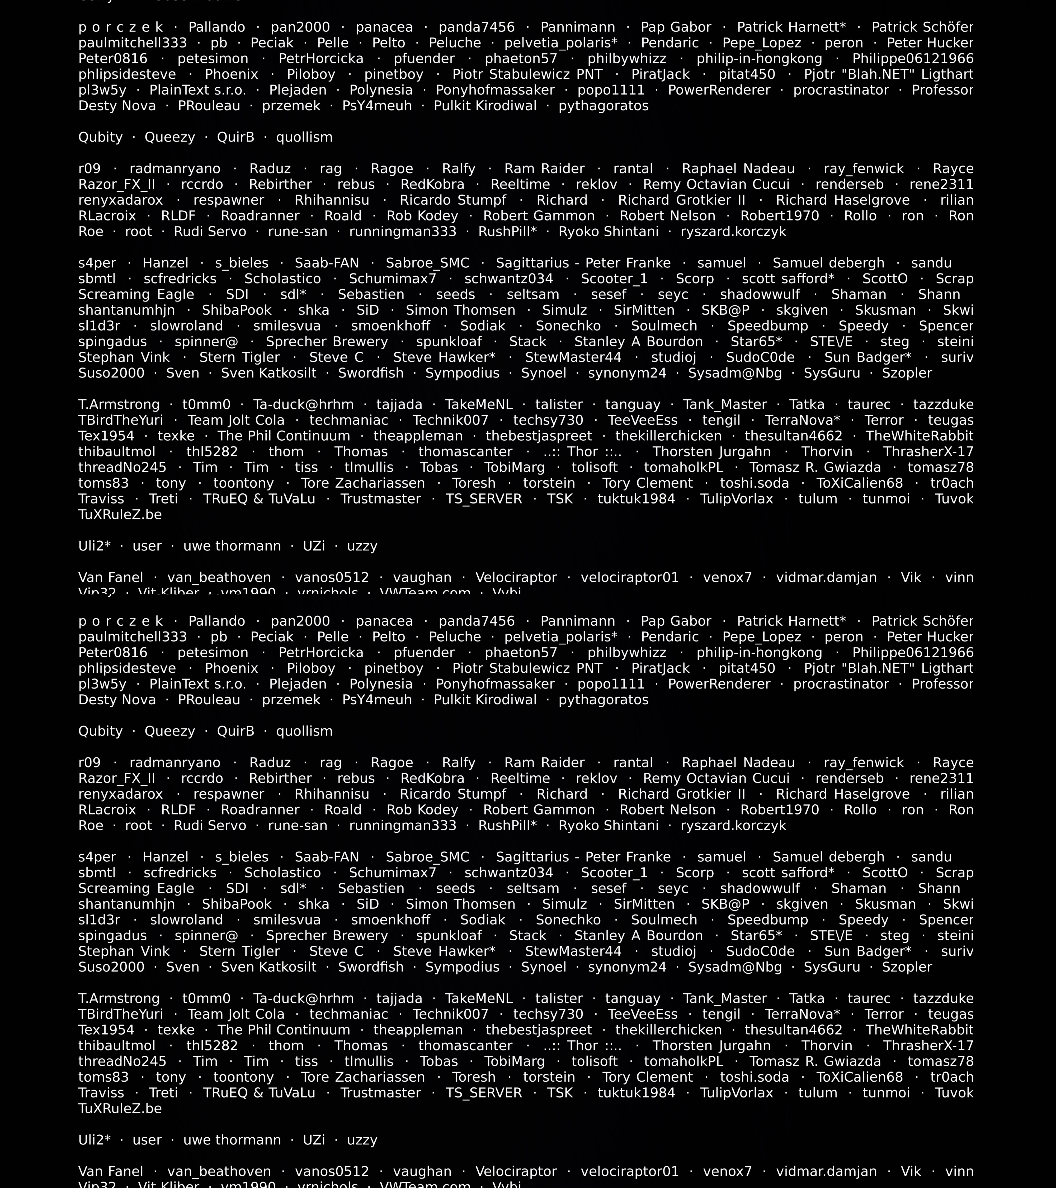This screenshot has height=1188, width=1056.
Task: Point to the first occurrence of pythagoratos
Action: coord(603,106)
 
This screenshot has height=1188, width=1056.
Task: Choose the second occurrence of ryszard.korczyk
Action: coord(733,826)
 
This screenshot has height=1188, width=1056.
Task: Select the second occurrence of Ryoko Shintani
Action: coord(609,826)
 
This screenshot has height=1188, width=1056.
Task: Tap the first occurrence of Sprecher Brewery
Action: coord(327,342)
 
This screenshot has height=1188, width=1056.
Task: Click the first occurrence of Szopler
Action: coord(907,373)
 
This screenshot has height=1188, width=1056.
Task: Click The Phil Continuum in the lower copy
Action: coord(284,1030)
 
